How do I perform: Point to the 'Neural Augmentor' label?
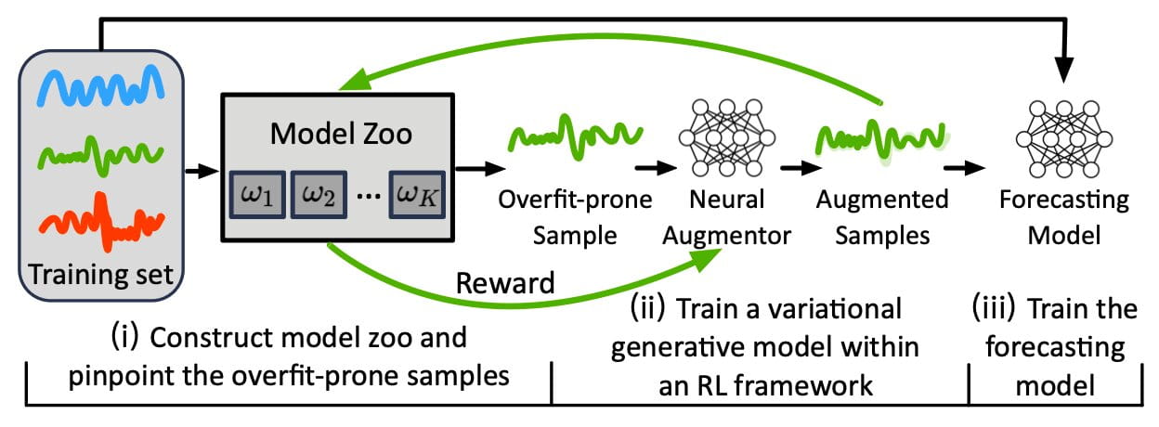[x=727, y=217]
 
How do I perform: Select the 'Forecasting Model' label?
[x=1062, y=217]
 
